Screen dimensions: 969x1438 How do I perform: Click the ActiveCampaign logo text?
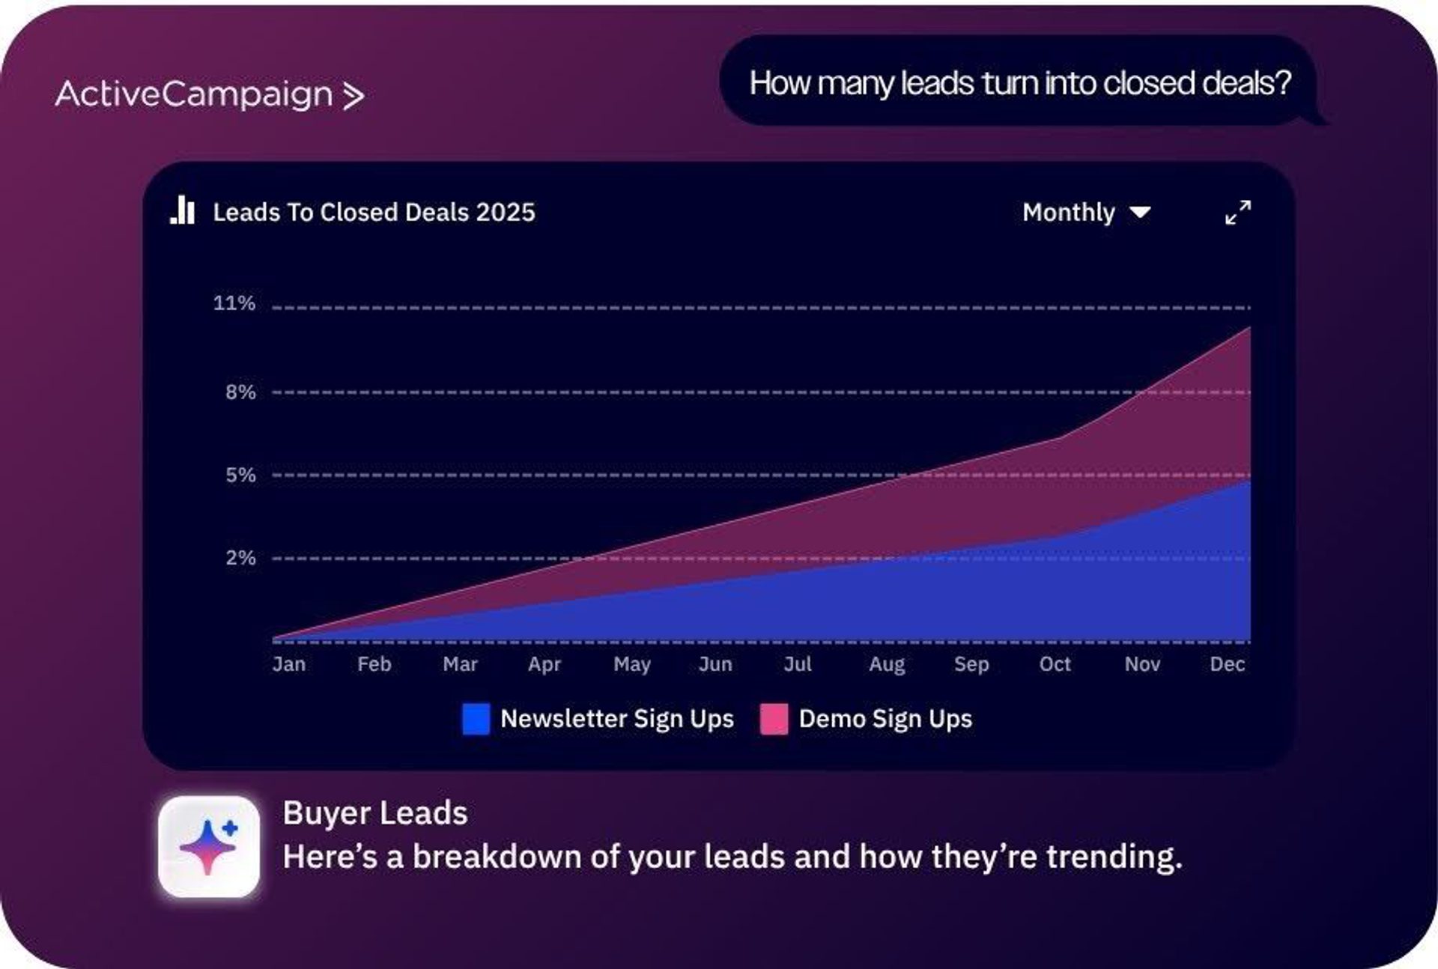tap(193, 94)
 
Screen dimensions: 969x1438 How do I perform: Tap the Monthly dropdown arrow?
tap(1140, 213)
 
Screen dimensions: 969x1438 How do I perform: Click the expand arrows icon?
tap(1237, 212)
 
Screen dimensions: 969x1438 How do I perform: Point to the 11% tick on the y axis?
tap(234, 303)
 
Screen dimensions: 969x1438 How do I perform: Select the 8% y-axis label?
tap(240, 392)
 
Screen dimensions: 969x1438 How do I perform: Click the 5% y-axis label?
tap(240, 475)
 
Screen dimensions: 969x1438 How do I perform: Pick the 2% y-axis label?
tap(240, 558)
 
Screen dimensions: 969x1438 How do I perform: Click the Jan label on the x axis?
tap(289, 664)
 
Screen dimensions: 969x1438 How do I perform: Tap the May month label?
tap(632, 664)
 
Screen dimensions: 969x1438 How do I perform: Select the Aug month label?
tap(887, 664)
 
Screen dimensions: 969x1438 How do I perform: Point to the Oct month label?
tap(1055, 664)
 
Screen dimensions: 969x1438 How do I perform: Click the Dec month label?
tap(1227, 664)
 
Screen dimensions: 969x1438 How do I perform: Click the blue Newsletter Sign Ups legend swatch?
tap(476, 719)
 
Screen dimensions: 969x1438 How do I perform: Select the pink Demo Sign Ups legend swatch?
tap(774, 719)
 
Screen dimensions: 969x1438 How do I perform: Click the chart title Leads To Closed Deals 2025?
tap(374, 213)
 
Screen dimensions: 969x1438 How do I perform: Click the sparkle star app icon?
tap(209, 847)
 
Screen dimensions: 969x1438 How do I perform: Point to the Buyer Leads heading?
tap(375, 813)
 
